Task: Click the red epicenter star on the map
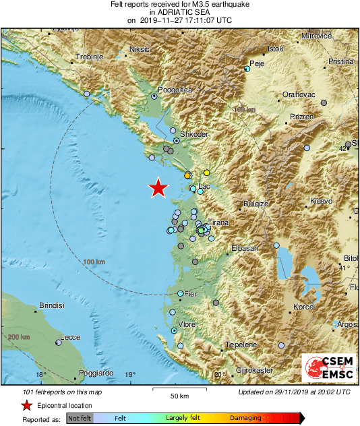click(158, 189)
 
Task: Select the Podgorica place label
click(175, 90)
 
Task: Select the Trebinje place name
click(92, 57)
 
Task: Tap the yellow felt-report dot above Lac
click(207, 173)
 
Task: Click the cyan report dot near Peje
click(247, 69)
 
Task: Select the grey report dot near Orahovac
click(324, 102)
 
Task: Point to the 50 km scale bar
click(179, 390)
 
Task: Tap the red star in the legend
click(26, 405)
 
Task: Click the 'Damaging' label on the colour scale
click(245, 419)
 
